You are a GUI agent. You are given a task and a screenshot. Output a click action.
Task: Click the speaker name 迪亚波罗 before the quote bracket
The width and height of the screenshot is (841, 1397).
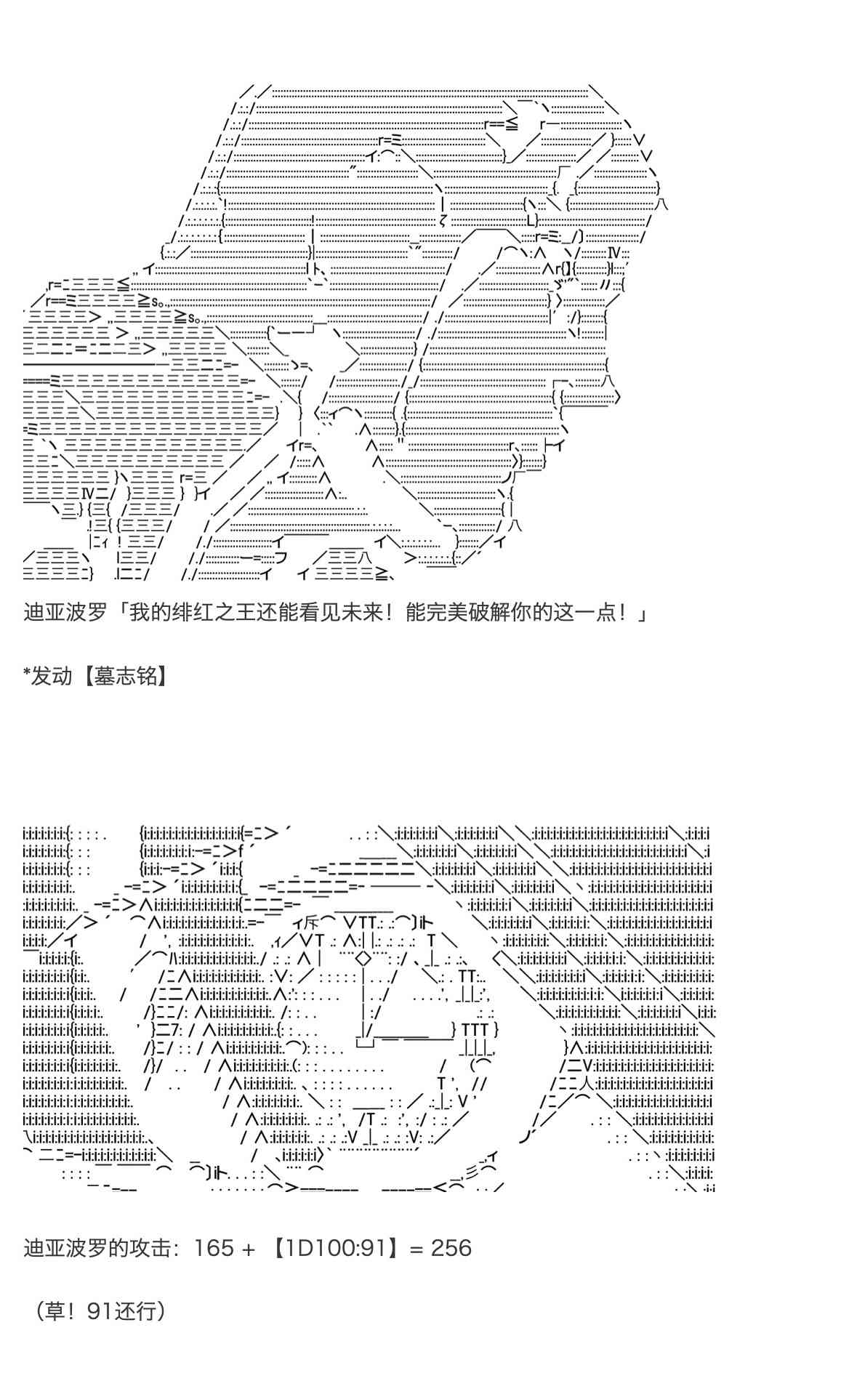point(64,613)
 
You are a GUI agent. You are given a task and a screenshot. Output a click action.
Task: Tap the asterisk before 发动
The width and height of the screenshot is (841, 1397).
point(28,675)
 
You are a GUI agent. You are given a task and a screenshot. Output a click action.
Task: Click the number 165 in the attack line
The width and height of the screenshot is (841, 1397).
point(214,1249)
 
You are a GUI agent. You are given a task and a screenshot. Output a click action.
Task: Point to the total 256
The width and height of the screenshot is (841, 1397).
point(451,1249)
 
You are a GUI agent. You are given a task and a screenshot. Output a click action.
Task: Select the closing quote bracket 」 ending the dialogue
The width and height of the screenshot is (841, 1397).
point(641,613)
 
